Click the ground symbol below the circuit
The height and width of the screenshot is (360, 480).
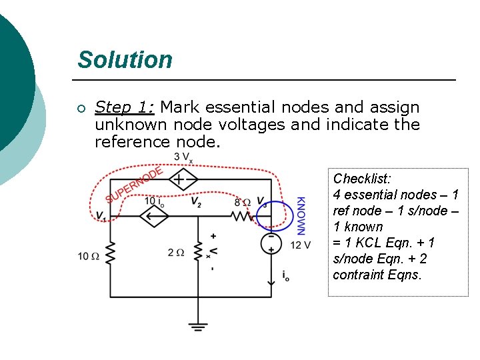[197, 327]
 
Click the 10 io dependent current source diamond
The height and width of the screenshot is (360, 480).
[153, 216]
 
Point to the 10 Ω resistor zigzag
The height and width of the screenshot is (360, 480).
[110, 253]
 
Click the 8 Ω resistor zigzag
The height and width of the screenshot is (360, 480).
[241, 216]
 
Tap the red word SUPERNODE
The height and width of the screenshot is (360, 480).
[133, 185]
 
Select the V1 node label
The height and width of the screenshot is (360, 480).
[100, 215]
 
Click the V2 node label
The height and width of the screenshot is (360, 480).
[195, 202]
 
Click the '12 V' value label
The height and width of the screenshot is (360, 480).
[301, 245]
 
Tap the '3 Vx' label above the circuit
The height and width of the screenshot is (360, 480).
[183, 157]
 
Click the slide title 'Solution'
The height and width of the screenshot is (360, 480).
[125, 60]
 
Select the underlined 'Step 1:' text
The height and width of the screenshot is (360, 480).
[125, 107]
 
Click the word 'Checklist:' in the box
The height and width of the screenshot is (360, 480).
[362, 179]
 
